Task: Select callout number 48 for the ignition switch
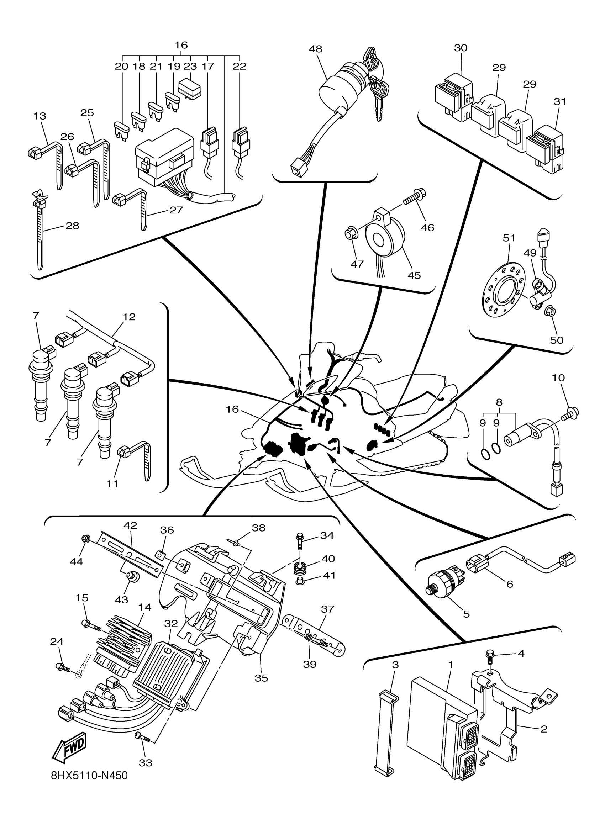(x=316, y=49)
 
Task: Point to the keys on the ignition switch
(x=376, y=83)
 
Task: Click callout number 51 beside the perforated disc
(x=509, y=238)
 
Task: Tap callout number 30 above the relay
(x=461, y=48)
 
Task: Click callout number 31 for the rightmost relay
(x=560, y=101)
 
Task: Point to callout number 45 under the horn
(x=414, y=275)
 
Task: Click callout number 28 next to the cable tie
(x=72, y=225)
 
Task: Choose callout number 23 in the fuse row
(x=190, y=66)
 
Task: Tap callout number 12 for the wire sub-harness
(x=129, y=317)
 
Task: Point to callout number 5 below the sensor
(x=467, y=614)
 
